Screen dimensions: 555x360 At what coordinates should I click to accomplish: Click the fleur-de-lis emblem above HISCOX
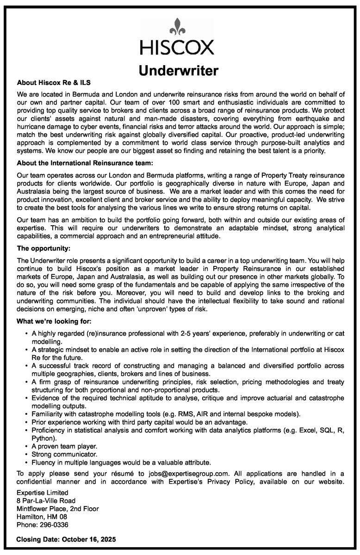click(178, 27)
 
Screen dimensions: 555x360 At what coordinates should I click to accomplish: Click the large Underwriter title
click(179, 71)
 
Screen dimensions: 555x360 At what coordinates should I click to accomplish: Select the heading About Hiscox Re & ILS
click(53, 83)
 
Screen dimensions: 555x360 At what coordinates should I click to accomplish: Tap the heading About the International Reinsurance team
click(85, 163)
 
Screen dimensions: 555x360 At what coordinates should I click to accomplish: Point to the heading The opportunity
click(43, 248)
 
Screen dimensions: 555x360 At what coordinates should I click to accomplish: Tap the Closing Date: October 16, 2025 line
click(66, 539)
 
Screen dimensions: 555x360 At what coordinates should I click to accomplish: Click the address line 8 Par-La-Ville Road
click(46, 500)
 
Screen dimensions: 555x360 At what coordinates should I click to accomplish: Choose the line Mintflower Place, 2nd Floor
click(57, 509)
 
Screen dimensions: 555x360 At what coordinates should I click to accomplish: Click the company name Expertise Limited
click(43, 493)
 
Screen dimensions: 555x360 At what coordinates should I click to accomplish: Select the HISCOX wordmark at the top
click(178, 48)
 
